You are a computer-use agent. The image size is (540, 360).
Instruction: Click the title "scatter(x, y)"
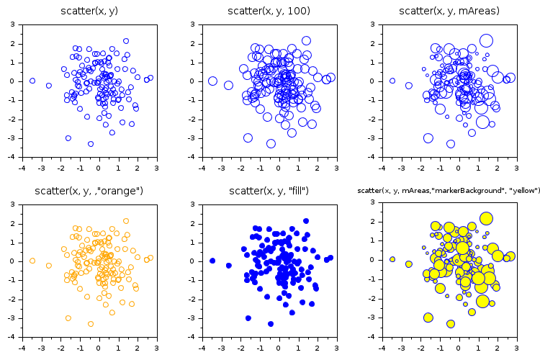tap(90, 11)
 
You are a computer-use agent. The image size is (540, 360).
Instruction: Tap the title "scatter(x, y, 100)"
tap(269, 11)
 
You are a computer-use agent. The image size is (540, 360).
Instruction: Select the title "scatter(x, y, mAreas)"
tap(449, 11)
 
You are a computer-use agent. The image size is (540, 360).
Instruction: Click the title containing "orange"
tap(89, 191)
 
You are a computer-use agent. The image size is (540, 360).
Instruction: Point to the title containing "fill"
tap(269, 191)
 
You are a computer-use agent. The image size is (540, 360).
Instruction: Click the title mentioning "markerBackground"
tap(449, 191)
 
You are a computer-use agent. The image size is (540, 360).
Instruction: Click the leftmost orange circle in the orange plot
tap(32, 261)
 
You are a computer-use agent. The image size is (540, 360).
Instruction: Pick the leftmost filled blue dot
tap(212, 261)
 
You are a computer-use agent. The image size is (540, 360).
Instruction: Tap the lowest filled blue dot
tap(271, 324)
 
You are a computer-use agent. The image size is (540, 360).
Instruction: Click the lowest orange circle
tap(91, 324)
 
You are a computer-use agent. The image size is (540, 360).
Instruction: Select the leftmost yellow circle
tap(392, 259)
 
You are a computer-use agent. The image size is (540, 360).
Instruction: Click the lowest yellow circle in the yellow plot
tap(451, 324)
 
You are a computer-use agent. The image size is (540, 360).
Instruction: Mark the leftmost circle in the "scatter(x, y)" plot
tap(32, 81)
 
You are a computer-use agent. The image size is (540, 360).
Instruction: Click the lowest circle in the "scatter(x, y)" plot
tap(91, 144)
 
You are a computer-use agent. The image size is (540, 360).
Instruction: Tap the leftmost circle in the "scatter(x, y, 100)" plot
tap(212, 81)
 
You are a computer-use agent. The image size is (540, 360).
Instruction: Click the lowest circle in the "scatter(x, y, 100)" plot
tap(271, 144)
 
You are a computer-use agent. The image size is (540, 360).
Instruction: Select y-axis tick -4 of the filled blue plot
tap(193, 336)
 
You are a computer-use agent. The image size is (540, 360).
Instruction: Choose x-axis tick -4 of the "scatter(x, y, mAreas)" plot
tap(382, 167)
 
